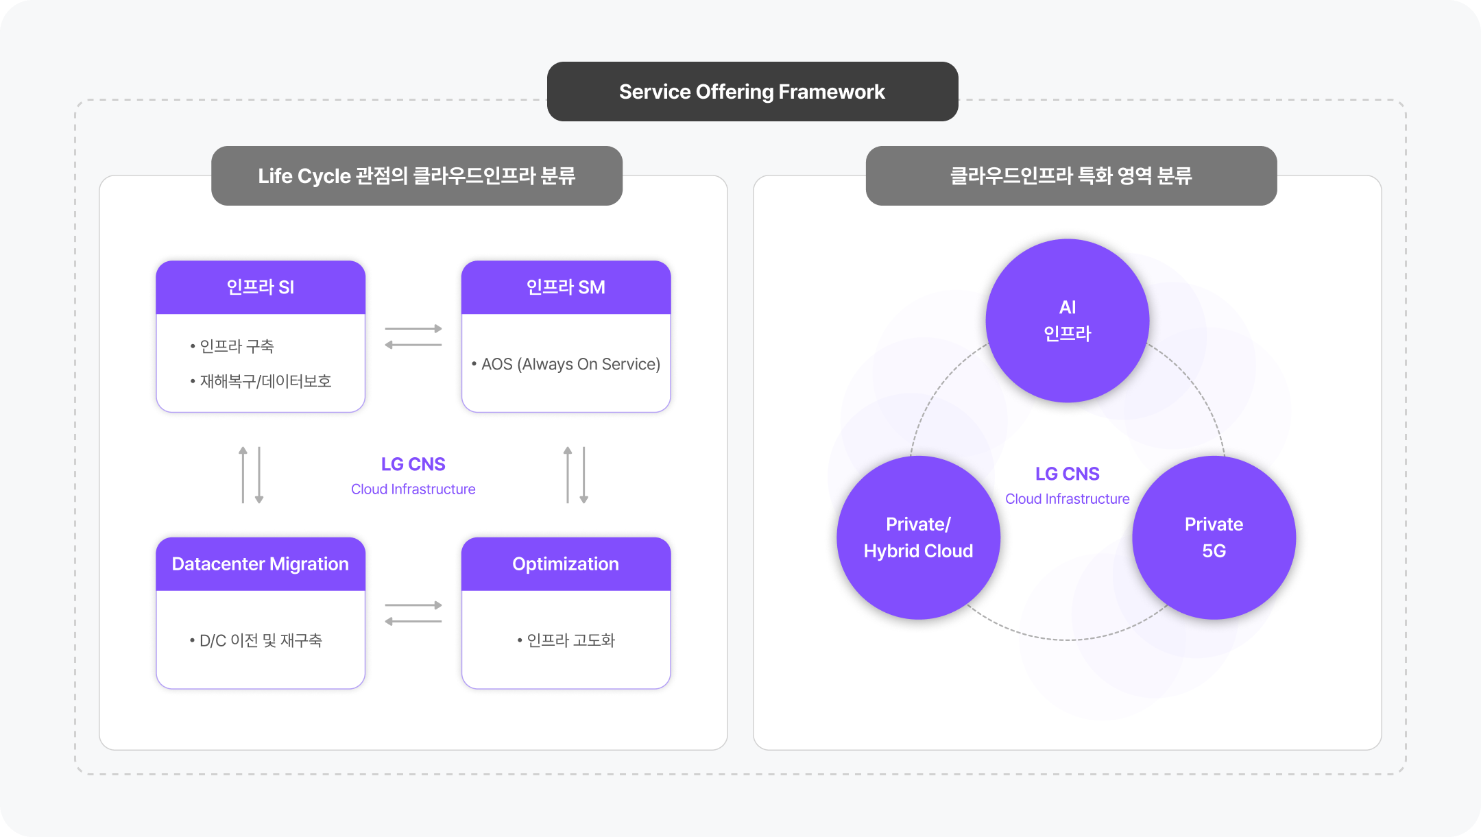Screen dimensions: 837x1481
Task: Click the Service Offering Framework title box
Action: point(752,92)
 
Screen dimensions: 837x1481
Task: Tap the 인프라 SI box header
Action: point(261,287)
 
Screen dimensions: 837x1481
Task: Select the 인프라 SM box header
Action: point(566,287)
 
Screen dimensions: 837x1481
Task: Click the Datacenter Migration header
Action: point(261,564)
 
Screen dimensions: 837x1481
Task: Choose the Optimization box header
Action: point(566,564)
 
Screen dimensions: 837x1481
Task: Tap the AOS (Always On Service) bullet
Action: point(570,364)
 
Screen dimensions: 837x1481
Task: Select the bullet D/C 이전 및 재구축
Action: point(260,640)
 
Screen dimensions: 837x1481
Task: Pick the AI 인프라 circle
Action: point(1067,320)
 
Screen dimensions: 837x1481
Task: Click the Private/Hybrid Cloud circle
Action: point(918,537)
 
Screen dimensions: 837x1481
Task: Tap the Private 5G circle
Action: point(1214,537)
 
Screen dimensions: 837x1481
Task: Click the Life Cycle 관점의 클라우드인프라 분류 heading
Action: point(416,176)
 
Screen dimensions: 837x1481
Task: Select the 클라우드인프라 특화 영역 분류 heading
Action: point(1071,176)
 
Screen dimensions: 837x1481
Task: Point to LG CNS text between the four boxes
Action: point(413,465)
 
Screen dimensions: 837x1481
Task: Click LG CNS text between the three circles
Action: point(1067,474)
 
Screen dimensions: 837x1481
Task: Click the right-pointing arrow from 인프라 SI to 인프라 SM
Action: point(413,329)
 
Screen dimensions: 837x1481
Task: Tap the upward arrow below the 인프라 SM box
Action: point(568,474)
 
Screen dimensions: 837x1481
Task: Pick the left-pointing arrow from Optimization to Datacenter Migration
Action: point(413,622)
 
